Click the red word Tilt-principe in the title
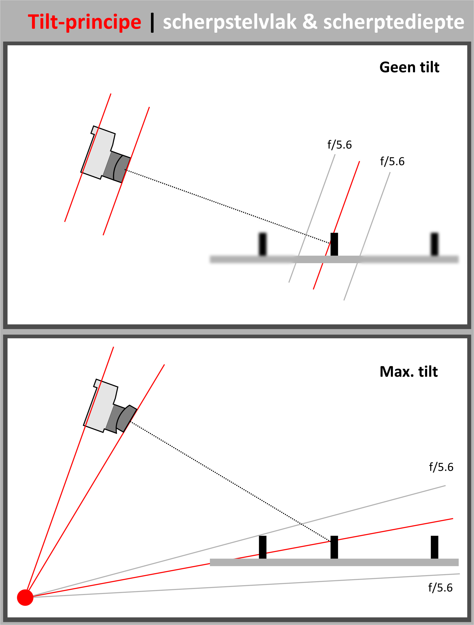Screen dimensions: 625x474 [84, 22]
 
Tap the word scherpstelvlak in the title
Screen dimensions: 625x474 [230, 22]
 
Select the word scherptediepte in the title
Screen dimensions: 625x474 [393, 22]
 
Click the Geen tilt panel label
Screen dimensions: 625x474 [409, 67]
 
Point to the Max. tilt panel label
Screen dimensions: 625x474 [409, 372]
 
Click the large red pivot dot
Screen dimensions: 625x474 [25, 598]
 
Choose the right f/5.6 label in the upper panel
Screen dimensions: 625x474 [392, 161]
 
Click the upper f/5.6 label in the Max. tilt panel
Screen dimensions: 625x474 [441, 467]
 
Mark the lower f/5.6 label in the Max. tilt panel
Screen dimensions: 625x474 [440, 588]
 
